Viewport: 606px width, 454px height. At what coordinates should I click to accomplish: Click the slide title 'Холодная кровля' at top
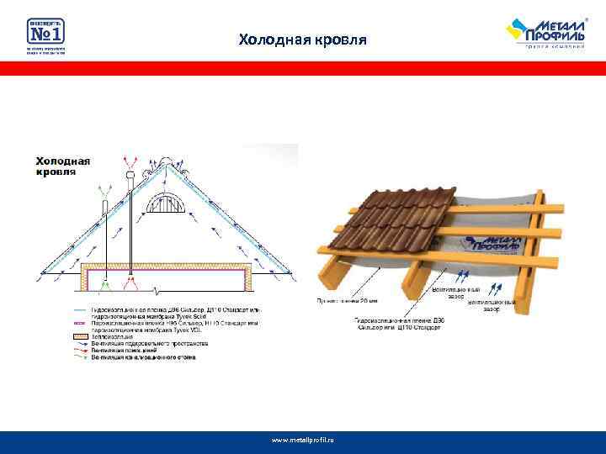[302, 40]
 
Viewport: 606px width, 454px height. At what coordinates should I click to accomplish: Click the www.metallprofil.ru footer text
[302, 440]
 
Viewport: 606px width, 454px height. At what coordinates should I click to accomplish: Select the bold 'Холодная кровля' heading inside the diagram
[63, 165]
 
